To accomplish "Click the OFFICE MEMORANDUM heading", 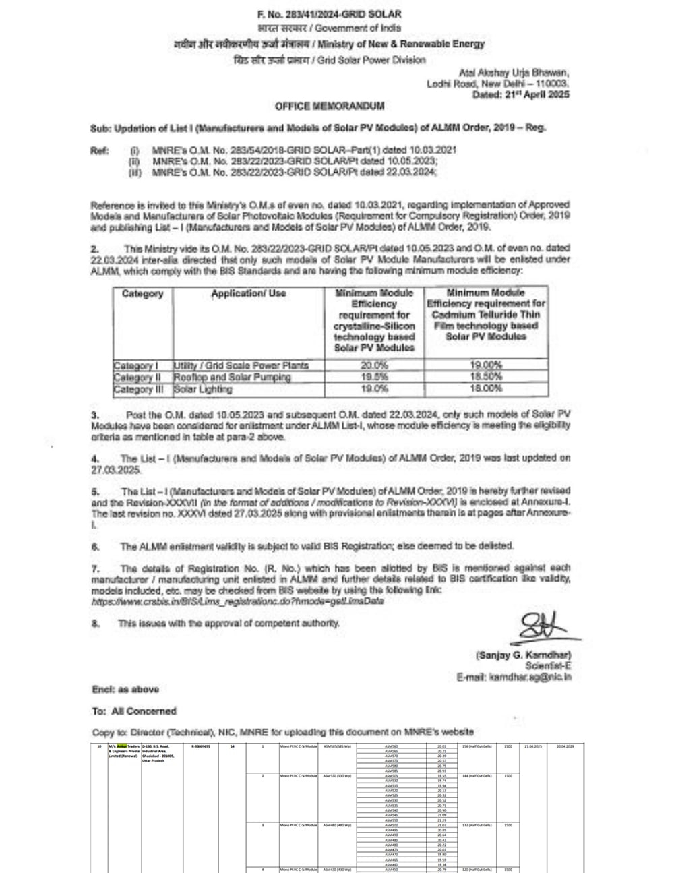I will tap(330, 106).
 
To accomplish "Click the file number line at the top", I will tap(330, 15).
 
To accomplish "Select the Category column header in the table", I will tap(142, 294).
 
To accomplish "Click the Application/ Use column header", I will tap(248, 294).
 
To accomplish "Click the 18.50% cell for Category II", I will tap(486, 378).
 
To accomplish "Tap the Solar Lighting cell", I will tap(203, 390).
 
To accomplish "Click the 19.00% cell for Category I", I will tap(486, 365).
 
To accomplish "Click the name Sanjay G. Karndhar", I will tap(523, 655).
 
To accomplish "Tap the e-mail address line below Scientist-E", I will tap(514, 676).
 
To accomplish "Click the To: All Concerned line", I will tap(134, 711).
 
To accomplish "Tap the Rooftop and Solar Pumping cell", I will tap(232, 378).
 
